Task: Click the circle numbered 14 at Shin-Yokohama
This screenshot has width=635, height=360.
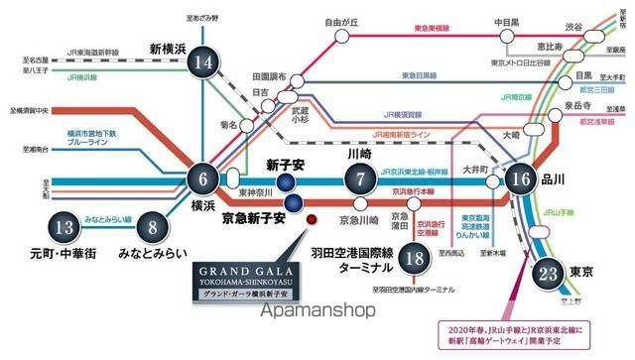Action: click(204, 63)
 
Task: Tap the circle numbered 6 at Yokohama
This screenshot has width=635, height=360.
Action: click(204, 180)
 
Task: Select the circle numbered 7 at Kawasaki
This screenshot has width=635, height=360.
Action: click(360, 180)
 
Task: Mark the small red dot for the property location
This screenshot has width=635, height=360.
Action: click(311, 219)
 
